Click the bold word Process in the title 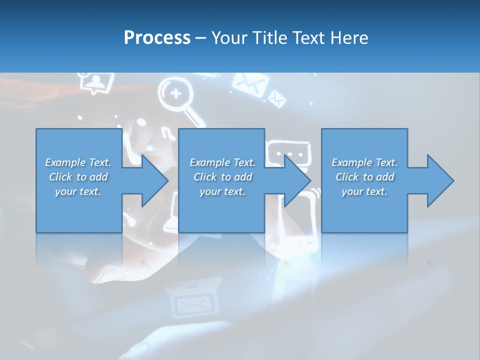[x=157, y=38]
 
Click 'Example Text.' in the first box [x=78, y=162]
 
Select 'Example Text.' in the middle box [x=222, y=162]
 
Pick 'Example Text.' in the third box [x=364, y=162]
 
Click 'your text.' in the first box [x=78, y=191]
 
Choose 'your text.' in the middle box [x=222, y=191]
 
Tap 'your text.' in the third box [x=364, y=191]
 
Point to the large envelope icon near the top [x=248, y=83]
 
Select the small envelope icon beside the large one [x=276, y=98]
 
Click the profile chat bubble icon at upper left [x=97, y=82]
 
